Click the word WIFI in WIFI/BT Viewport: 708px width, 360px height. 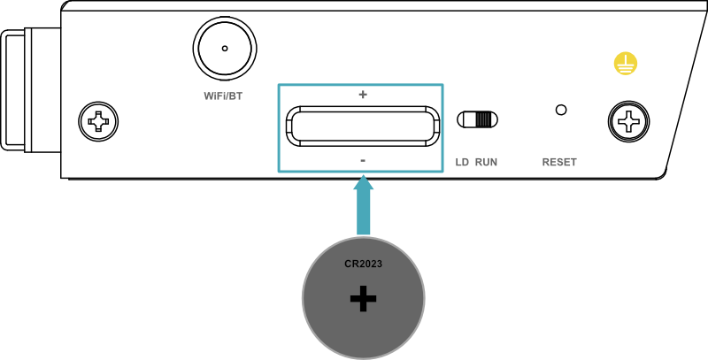pos(213,96)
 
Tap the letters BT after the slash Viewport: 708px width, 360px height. pos(235,96)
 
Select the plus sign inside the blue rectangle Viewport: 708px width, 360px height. pos(363,95)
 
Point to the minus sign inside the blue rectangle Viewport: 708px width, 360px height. pos(363,160)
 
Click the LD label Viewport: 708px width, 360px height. pos(462,163)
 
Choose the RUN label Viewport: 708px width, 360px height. pos(486,163)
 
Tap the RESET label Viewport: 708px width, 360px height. pos(559,163)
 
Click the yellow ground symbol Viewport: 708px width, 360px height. pos(626,64)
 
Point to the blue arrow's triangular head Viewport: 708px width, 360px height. pos(363,183)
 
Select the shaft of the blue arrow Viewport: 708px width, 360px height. pos(363,214)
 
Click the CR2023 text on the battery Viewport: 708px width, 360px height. pos(363,264)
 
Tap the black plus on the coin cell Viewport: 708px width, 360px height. pos(363,299)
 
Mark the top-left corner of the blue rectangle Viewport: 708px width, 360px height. pos(279,85)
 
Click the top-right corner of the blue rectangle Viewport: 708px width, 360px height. pos(442,85)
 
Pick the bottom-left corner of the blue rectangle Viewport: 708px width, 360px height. pos(279,171)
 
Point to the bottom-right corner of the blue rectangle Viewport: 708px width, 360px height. pos(442,171)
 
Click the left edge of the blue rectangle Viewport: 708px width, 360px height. pos(279,128)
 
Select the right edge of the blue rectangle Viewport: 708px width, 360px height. pos(442,128)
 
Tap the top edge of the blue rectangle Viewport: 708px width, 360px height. pos(319,85)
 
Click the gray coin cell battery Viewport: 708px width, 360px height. pos(327,318)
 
